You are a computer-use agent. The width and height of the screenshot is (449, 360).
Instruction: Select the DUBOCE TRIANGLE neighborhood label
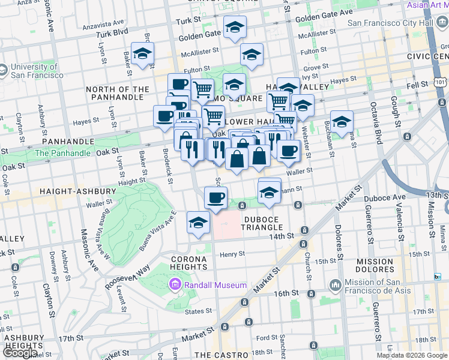262,223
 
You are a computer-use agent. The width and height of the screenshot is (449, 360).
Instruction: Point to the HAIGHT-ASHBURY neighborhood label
77,191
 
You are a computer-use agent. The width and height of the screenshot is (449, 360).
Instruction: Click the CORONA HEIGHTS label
189,263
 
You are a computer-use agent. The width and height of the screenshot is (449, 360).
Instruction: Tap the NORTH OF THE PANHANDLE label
118,93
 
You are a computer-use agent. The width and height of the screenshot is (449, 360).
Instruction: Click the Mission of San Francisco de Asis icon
334,284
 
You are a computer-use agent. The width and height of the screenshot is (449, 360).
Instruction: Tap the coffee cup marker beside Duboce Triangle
216,197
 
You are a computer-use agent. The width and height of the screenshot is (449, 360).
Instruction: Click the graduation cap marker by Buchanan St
341,122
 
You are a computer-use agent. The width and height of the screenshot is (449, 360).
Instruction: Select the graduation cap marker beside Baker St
142,53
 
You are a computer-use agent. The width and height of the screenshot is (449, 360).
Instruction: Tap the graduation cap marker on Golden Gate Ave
235,27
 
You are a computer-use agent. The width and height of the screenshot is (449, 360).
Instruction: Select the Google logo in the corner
20,353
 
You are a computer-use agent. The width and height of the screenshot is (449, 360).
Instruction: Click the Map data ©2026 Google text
412,355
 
